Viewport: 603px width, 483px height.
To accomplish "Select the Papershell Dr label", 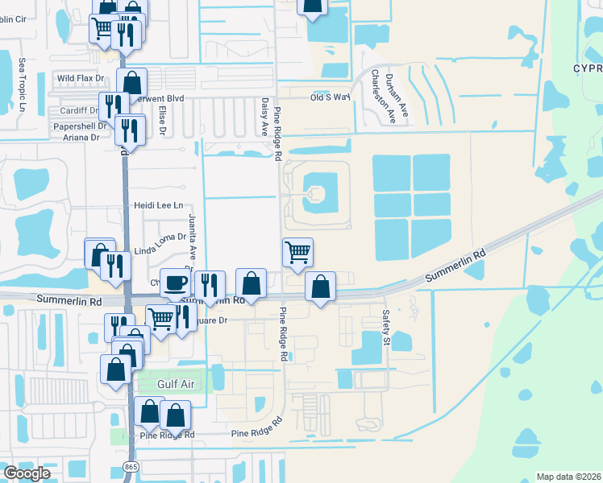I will (80, 126).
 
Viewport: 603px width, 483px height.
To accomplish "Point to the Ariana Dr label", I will (82, 138).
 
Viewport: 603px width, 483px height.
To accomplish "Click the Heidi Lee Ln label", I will (159, 206).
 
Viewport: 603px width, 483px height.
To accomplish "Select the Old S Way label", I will (331, 97).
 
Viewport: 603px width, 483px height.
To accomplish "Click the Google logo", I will (27, 473).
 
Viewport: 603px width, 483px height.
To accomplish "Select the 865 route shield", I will (131, 467).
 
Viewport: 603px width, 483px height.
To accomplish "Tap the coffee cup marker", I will (175, 283).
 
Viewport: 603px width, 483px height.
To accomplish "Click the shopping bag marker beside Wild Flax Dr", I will (132, 82).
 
